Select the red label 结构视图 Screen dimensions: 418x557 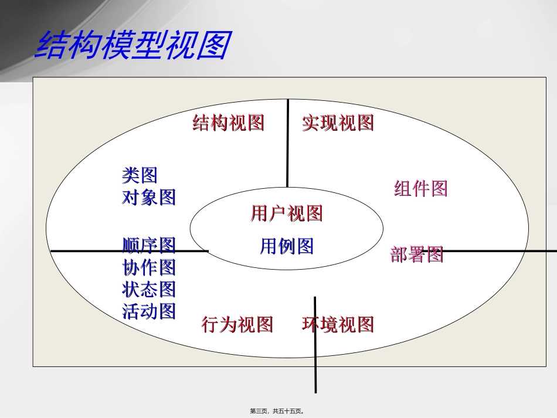tap(229, 123)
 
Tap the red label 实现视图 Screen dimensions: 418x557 tap(338, 123)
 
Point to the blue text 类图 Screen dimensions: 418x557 tap(140, 175)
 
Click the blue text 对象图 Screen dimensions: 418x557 tap(149, 197)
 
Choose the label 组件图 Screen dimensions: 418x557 tap(421, 188)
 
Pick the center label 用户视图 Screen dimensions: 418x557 tap(287, 213)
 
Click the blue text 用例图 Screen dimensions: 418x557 tap(287, 246)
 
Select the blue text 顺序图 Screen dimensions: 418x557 tap(149, 244)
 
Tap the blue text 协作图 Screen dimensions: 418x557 tap(149, 267)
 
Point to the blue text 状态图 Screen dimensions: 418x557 tap(149, 289)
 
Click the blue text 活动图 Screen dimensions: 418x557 tap(149, 311)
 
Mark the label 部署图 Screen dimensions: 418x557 tap(416, 254)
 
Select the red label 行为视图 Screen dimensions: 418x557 tap(237, 324)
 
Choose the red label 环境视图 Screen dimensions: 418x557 tap(338, 324)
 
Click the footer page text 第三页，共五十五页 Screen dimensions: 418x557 tap(278, 412)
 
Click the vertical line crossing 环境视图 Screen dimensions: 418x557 tap(315, 363)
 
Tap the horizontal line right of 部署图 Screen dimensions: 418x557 tap(498, 251)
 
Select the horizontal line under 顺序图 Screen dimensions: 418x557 tap(88, 251)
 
